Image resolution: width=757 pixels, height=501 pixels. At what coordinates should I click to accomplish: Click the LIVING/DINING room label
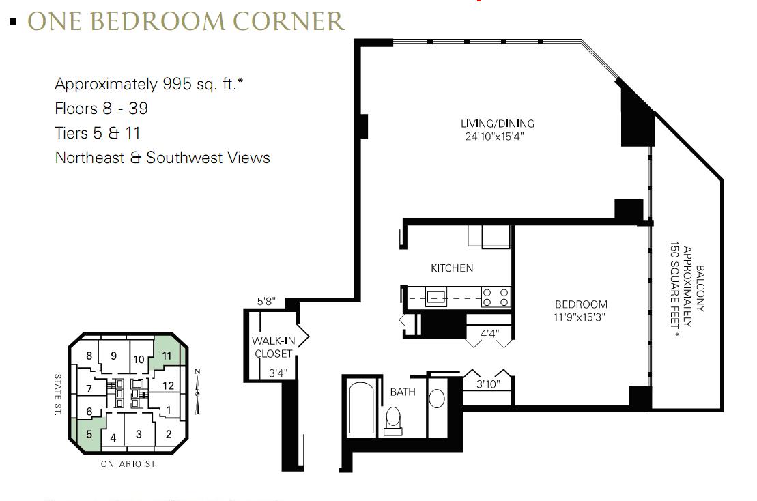coord(497,124)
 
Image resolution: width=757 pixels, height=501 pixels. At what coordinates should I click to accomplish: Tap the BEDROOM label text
coord(581,304)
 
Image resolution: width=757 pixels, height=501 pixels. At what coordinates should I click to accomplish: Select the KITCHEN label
coord(452,268)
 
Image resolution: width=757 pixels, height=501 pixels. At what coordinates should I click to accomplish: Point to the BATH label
coord(403,392)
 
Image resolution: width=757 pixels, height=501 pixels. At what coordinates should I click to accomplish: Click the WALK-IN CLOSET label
coord(273,347)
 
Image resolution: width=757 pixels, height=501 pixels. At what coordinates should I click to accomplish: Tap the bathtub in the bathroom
coord(361,408)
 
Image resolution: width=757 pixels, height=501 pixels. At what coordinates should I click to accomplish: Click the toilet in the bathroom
coord(393,421)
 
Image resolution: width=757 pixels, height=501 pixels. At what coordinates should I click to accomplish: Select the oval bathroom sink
coord(436,399)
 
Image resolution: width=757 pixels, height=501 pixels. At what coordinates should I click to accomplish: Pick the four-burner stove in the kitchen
coord(496,297)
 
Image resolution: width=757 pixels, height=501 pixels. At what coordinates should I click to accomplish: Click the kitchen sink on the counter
coord(436,297)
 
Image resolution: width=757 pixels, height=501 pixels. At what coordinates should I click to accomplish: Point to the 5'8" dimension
coord(266,302)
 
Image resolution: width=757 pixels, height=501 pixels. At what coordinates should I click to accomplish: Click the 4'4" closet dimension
coord(489,334)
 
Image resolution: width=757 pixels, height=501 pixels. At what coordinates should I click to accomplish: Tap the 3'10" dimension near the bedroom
coord(488,384)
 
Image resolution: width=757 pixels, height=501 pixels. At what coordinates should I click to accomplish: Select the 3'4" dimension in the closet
coord(278,373)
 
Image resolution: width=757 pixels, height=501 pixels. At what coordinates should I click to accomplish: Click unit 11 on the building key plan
coord(167,356)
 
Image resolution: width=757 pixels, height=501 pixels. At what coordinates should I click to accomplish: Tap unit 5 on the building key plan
coord(89,434)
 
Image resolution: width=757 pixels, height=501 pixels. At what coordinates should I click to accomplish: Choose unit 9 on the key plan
coord(113,356)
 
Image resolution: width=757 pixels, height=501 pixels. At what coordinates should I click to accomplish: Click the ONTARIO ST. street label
coord(129,464)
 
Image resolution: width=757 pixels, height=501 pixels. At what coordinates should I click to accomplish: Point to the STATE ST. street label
coord(58,395)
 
